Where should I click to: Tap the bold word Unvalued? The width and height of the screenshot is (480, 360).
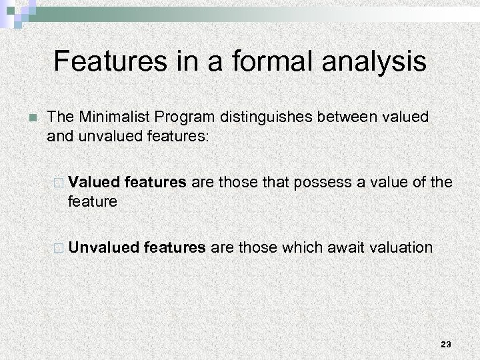coord(103,247)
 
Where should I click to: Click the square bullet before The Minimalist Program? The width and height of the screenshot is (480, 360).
coord(25,119)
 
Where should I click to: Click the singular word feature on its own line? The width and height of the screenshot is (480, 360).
coord(92,201)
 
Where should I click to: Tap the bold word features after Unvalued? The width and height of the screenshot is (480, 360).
coord(175,247)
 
